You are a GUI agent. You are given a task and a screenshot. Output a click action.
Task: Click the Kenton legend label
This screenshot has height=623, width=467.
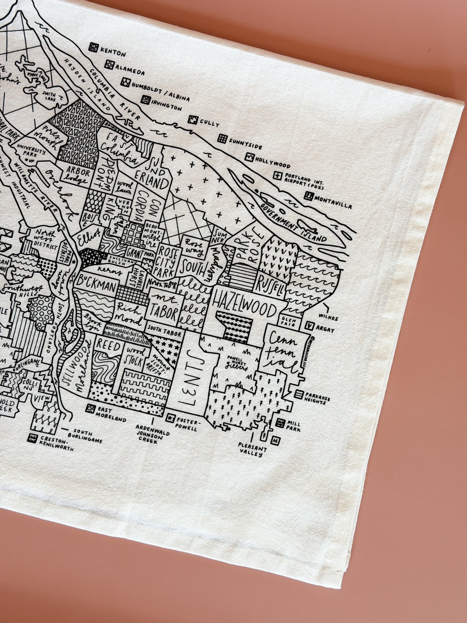coord(113,52)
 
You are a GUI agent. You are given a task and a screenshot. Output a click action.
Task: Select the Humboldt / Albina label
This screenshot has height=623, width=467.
coord(160,90)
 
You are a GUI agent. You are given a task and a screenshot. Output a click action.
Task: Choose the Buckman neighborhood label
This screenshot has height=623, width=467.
coord(96,285)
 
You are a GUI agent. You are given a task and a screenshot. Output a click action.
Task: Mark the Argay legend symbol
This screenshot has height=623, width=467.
coord(310,327)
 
